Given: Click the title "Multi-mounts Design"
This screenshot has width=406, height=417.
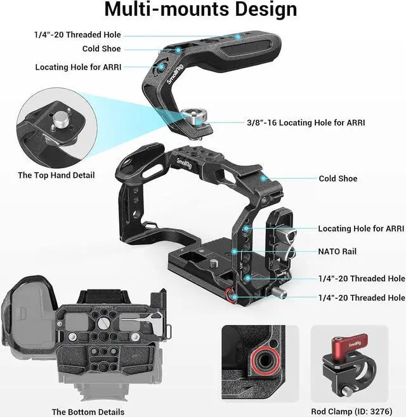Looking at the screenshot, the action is (200, 10).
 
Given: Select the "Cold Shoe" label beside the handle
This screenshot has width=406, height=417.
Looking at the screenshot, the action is (101, 49).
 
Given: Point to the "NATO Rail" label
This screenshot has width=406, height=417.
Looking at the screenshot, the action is (337, 251).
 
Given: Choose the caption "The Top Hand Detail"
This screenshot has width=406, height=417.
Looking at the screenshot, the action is (56, 175).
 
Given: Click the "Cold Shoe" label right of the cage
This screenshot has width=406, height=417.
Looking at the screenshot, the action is (338, 179).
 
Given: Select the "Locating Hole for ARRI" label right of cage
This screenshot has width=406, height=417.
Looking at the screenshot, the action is (361, 228).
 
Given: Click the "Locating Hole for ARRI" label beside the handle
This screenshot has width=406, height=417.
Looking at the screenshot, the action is (78, 67).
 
